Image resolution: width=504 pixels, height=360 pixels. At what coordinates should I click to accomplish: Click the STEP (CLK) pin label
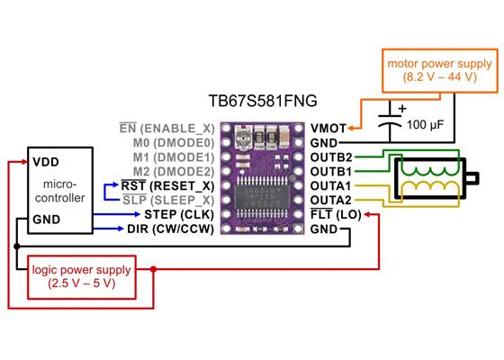178,214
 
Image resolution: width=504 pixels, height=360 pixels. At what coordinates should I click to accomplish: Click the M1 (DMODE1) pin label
172,157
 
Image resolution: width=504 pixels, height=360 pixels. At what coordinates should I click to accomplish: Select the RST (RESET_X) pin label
168,185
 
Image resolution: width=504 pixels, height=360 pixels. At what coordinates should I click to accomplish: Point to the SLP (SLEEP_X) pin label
168,200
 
